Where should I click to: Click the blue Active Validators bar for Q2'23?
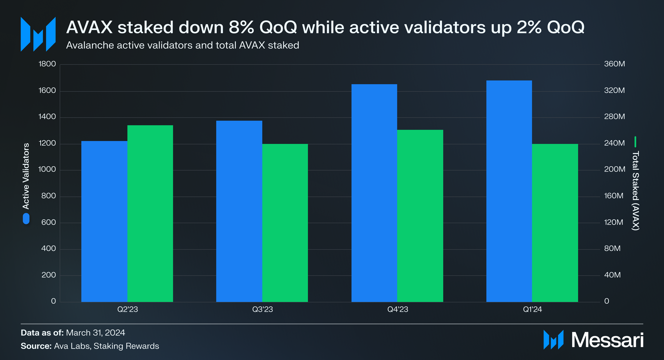(x=104, y=222)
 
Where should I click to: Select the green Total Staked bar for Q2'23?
(x=150, y=214)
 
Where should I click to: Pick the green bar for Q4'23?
(x=420, y=216)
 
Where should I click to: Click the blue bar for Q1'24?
(x=509, y=191)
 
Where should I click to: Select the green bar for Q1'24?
(x=555, y=223)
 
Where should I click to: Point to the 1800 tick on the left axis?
(x=47, y=64)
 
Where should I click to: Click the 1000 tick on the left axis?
(x=47, y=169)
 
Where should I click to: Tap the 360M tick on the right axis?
(x=614, y=64)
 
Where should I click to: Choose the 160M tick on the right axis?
(x=613, y=196)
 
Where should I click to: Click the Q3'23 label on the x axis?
(x=263, y=309)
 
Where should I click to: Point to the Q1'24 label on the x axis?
(x=532, y=309)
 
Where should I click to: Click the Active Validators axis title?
(x=26, y=176)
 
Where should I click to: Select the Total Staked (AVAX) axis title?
(x=635, y=191)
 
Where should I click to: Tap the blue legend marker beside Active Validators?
(x=26, y=219)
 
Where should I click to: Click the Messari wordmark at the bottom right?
(x=607, y=340)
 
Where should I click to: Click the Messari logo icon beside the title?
(x=38, y=34)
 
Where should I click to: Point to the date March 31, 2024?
(x=95, y=333)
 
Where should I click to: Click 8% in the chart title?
(x=241, y=27)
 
